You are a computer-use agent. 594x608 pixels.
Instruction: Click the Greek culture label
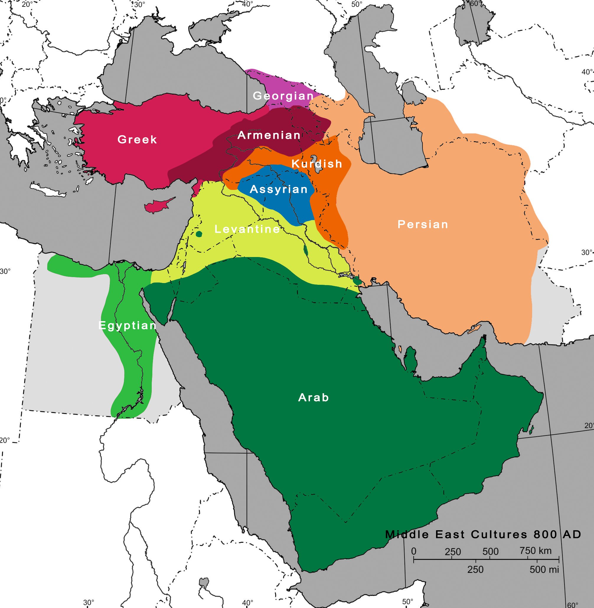click(x=137, y=139)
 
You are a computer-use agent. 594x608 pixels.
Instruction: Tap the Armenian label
click(x=269, y=135)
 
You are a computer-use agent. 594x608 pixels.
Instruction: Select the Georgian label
click(x=283, y=96)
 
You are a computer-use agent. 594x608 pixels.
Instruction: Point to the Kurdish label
click(x=317, y=164)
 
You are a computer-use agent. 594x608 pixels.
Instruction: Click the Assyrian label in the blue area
click(x=279, y=189)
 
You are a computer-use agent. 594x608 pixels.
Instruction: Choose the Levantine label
click(x=247, y=229)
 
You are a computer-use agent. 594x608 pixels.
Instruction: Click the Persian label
click(x=423, y=224)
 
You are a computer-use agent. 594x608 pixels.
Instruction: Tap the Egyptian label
click(x=127, y=326)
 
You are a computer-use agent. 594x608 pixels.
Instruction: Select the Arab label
click(x=313, y=397)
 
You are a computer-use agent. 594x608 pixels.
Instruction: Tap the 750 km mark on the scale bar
click(x=535, y=551)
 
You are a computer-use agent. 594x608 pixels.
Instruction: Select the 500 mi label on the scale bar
click(x=544, y=570)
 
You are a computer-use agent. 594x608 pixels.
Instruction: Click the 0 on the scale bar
click(x=414, y=551)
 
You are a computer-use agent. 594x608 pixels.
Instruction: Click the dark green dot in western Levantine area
click(x=199, y=234)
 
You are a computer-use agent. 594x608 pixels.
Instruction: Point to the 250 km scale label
click(x=452, y=552)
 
